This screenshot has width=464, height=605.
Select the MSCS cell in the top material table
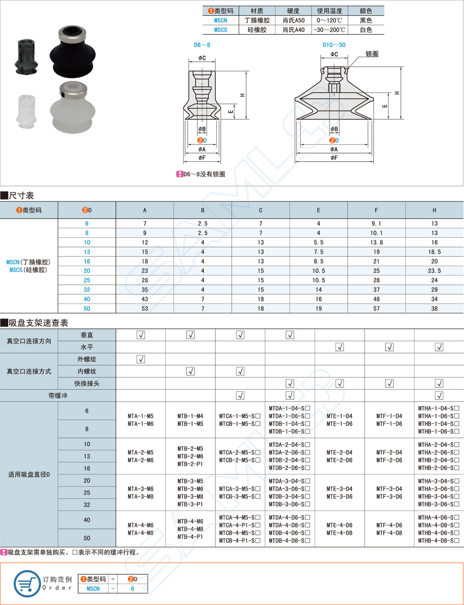[x=220, y=30]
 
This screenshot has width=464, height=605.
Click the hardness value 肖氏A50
[x=293, y=20]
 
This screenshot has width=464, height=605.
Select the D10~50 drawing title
[x=334, y=45]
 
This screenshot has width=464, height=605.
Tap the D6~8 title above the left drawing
[x=202, y=45]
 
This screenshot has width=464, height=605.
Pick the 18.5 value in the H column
[x=434, y=252]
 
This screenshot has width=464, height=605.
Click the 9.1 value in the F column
[x=376, y=223]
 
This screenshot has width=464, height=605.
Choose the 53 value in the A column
[x=145, y=309]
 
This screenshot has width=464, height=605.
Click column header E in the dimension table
[x=319, y=210]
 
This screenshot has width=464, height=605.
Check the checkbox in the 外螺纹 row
[x=141, y=359]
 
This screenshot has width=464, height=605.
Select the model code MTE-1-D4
[x=339, y=416]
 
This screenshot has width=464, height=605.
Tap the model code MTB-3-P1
[x=190, y=504]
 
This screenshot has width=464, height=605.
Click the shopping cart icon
[x=27, y=583]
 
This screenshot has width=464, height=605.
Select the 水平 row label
[x=87, y=347]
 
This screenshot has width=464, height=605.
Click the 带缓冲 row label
[x=58, y=395]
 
